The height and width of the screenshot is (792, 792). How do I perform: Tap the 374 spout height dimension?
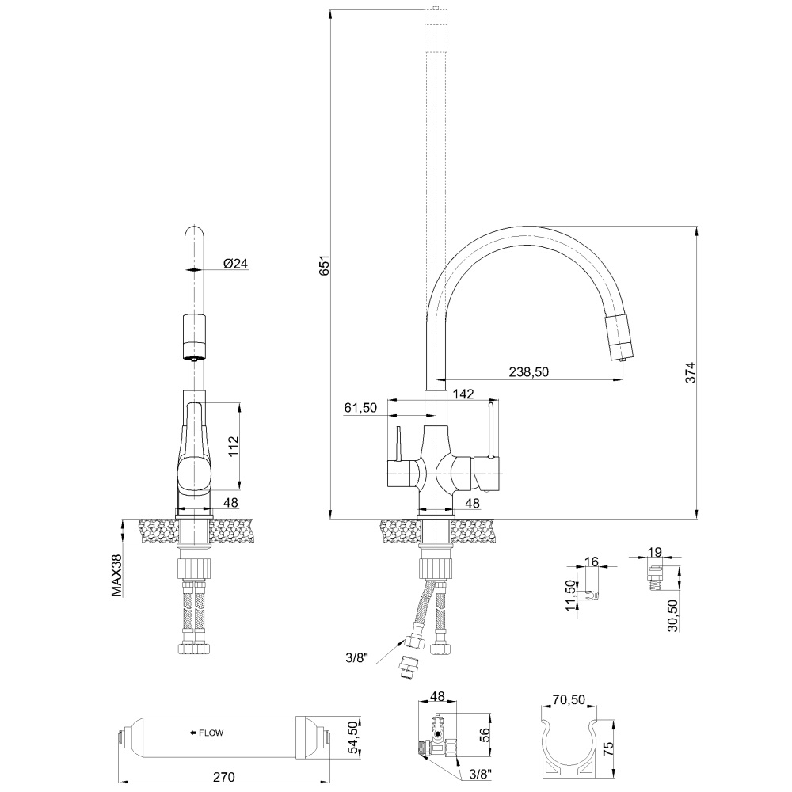pos(690,373)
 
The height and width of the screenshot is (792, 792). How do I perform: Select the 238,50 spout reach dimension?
pos(529,372)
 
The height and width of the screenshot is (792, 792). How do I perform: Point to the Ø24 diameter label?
pos(235,264)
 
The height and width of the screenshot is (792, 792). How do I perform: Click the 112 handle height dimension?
pos(233,446)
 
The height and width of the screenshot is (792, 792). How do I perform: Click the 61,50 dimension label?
pos(360,408)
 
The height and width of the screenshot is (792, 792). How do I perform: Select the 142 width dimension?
pos(463,394)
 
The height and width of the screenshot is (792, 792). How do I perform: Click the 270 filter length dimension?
pos(224,777)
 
